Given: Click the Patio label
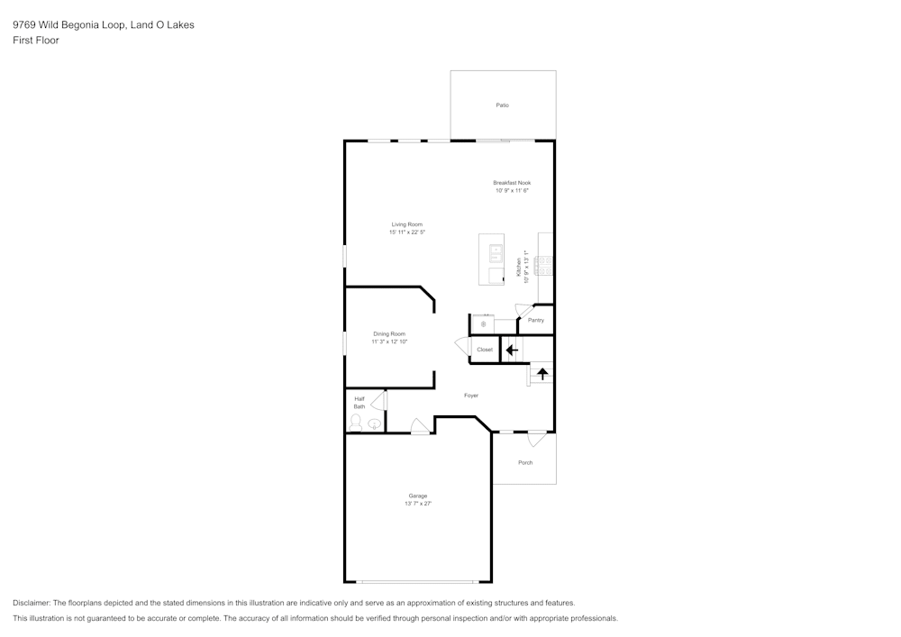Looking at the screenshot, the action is (502, 105).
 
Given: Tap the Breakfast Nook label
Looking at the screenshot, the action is (512, 183).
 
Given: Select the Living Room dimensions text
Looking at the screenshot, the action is (407, 232).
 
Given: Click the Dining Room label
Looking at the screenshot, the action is (389, 333).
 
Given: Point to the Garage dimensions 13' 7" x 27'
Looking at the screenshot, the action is (418, 504).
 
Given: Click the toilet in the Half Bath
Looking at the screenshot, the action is (356, 423).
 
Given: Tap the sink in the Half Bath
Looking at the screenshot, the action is (375, 424).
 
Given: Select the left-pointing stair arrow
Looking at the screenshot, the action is (512, 350).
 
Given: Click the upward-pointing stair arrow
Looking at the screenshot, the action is (542, 375).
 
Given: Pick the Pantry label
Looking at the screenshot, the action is (535, 320).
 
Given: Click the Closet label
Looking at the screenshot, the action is (485, 350).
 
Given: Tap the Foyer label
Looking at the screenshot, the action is (471, 396).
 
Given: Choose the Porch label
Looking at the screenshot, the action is (525, 462).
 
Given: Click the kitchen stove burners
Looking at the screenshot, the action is (544, 266).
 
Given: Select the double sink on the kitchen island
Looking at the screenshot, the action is (496, 253).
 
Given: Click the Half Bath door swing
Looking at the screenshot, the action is (378, 400).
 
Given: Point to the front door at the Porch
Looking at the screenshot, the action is (537, 439).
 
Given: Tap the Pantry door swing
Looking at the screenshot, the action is (523, 309).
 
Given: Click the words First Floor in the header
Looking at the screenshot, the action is (36, 41).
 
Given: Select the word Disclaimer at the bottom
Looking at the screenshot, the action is (31, 603).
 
